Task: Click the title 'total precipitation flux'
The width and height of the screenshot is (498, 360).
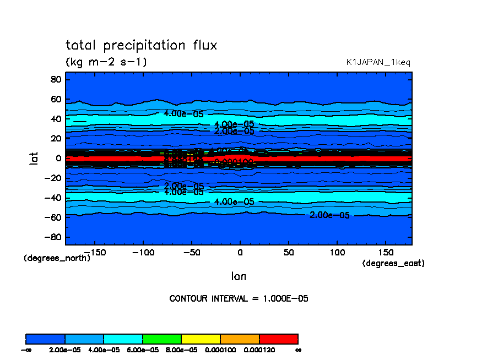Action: [x=141, y=46]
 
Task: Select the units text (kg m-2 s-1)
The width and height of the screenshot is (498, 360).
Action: [x=106, y=62]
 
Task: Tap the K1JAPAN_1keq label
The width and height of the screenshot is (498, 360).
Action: [x=378, y=63]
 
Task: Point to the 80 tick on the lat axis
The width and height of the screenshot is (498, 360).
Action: [x=55, y=79]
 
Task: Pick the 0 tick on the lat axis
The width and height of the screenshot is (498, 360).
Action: [x=57, y=158]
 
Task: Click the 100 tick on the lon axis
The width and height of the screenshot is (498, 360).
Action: [x=337, y=252]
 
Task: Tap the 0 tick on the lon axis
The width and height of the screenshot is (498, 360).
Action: [x=240, y=252]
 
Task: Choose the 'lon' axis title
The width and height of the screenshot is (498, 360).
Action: [x=239, y=276]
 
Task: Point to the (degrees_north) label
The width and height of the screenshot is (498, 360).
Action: [x=57, y=258]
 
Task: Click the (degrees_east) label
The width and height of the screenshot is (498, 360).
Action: [x=393, y=264]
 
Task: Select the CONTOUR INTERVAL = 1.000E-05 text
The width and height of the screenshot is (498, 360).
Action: [x=239, y=299]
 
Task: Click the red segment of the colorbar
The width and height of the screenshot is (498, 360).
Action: [x=278, y=339]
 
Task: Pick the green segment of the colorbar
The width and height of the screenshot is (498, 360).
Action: [x=162, y=339]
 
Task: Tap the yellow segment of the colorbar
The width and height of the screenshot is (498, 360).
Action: [x=201, y=339]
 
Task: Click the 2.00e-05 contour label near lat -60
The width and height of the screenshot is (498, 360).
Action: [x=329, y=215]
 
